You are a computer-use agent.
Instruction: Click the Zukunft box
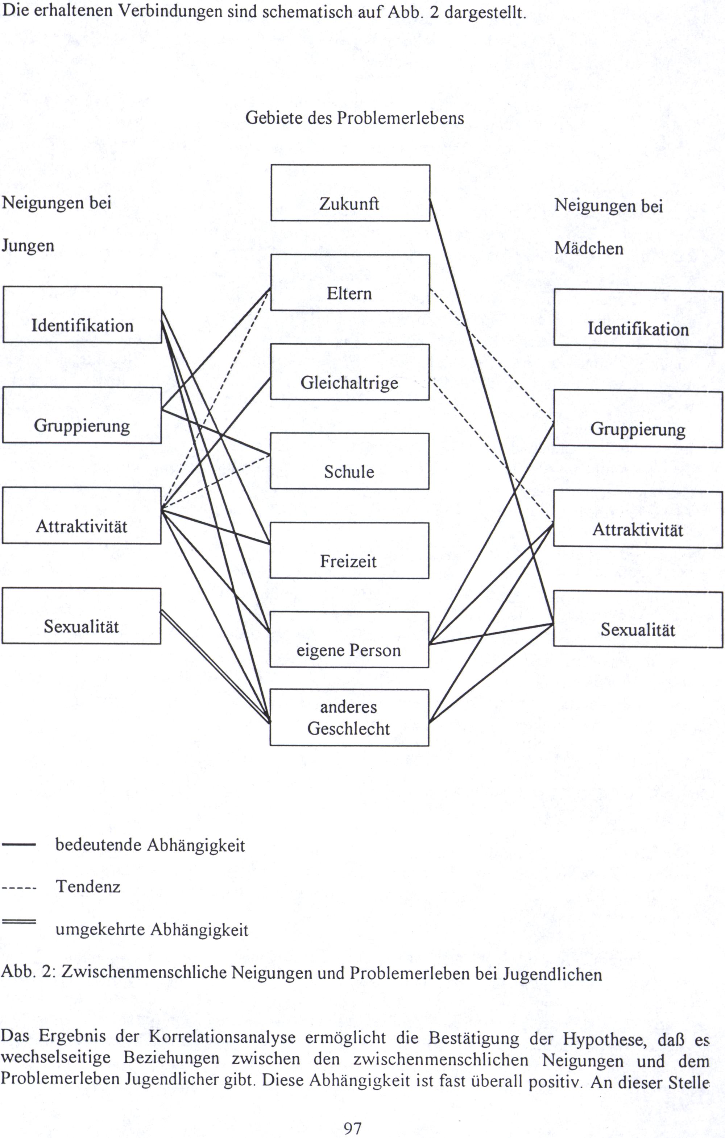pyautogui.click(x=350, y=193)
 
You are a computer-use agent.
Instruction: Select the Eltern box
pyautogui.click(x=350, y=283)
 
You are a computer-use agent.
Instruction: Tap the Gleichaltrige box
pyautogui.click(x=350, y=372)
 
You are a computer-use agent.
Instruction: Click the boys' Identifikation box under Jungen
pyautogui.click(x=82, y=315)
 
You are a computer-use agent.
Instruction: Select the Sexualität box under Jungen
pyautogui.click(x=81, y=616)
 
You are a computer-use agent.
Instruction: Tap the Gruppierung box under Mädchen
pyautogui.click(x=638, y=419)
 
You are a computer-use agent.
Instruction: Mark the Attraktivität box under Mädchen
pyautogui.click(x=638, y=519)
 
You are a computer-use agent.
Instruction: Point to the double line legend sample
pyautogui.click(x=19, y=922)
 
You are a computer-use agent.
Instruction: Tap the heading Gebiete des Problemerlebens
pyautogui.click(x=355, y=118)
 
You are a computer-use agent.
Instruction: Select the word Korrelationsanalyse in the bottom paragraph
pyautogui.click(x=222, y=1037)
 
